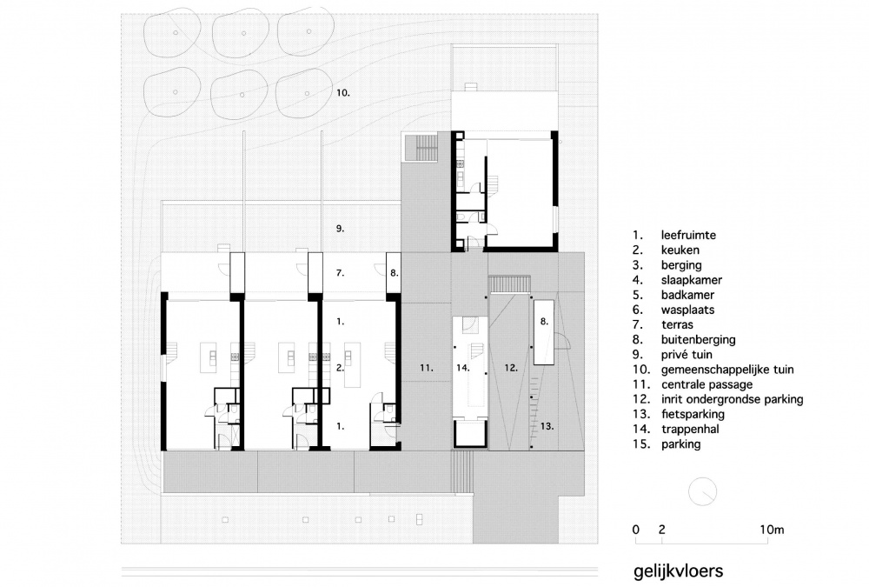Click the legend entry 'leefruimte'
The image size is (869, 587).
688,236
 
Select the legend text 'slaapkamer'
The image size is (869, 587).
692,280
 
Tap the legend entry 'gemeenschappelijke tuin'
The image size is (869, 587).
727,370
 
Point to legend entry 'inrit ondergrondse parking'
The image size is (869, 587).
732,399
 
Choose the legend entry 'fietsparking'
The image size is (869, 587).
693,415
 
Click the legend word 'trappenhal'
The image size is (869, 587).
690,430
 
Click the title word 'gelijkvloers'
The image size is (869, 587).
679,571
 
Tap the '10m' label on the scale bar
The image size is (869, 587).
772,530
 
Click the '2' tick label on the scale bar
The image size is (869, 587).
661,530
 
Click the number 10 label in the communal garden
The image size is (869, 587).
343,93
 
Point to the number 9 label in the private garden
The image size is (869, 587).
341,228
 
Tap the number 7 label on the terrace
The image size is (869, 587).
341,273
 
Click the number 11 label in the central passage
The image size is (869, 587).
426,367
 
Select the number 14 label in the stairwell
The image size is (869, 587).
463,367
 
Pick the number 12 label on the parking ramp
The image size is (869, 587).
511,367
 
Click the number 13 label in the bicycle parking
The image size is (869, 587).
547,426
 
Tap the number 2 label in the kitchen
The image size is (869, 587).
340,367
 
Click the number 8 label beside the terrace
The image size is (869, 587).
394,273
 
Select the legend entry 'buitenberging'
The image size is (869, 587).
699,339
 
